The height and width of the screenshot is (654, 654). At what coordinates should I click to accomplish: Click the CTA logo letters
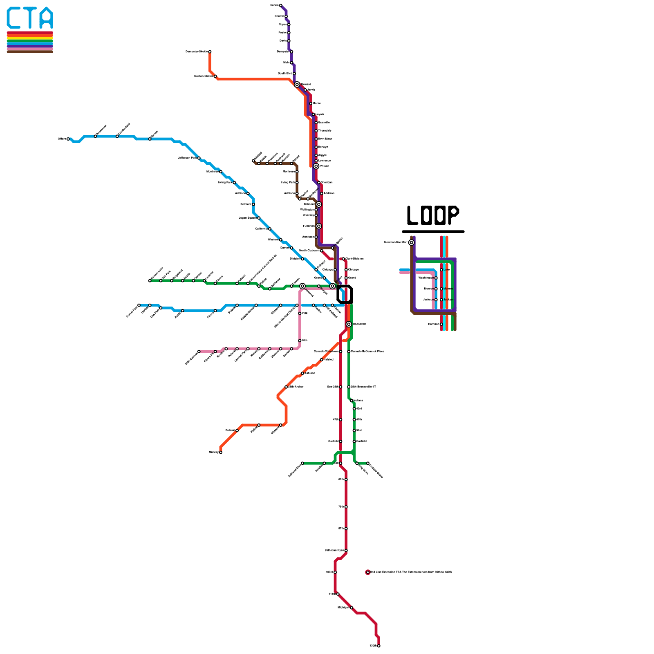click(x=30, y=18)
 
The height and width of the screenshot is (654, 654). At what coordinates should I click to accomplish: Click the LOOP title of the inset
click(x=433, y=215)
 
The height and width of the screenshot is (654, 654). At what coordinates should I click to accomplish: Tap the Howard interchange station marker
click(x=297, y=85)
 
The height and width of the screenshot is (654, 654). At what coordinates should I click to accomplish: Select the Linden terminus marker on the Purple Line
click(x=280, y=5)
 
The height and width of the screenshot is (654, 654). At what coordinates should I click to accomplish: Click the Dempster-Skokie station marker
click(x=210, y=52)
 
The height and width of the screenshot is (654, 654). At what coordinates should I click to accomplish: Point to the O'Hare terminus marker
click(x=68, y=139)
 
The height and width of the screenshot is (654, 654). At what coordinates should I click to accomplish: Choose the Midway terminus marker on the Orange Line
click(x=221, y=452)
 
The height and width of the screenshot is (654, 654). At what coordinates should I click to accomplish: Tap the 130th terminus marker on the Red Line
click(x=379, y=646)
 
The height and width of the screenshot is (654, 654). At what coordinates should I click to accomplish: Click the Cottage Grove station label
click(x=376, y=470)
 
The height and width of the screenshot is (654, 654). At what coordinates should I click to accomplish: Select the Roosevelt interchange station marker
click(x=349, y=324)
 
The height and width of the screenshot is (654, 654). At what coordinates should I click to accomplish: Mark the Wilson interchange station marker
click(x=316, y=166)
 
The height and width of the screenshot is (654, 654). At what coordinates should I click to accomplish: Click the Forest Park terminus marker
click(x=139, y=305)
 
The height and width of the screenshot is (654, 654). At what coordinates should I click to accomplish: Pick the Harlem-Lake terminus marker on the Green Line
click(x=150, y=281)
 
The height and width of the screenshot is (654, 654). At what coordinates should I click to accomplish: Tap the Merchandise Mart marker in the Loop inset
click(x=412, y=242)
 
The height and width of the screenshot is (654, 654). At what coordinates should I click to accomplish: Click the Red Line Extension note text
click(x=411, y=572)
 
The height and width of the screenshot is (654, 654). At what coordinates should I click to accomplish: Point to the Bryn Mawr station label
click(x=325, y=139)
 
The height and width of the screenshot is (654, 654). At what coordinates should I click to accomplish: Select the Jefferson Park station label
click(x=187, y=158)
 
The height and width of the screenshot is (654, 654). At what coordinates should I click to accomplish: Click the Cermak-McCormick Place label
click(x=367, y=352)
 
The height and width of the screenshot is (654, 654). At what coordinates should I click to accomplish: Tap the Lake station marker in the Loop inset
click(x=441, y=270)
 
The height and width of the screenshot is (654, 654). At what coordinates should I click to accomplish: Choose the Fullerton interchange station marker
click(x=319, y=226)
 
